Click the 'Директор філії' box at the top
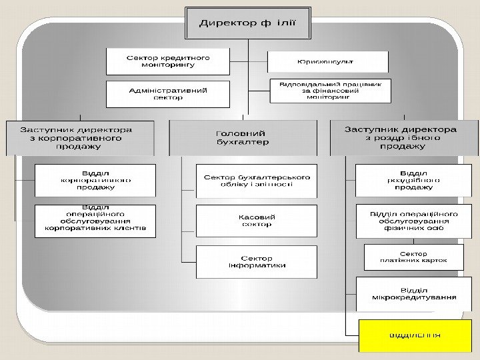click(248, 24)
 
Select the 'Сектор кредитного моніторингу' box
click(168, 61)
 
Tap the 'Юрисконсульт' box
click(327, 62)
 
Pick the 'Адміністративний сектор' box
click(168, 94)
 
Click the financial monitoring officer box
click(329, 91)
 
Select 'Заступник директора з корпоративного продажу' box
click(79, 139)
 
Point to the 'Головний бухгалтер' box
click(243, 137)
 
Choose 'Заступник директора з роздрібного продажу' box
click(405, 137)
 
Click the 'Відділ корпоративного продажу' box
click(95, 180)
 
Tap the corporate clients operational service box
click(95, 221)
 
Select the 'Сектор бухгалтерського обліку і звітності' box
click(257, 181)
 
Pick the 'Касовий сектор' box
click(257, 221)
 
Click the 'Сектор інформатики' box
click(257, 261)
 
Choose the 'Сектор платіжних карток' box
click(413, 257)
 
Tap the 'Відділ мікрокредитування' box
click(413, 294)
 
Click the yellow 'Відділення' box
click(413, 335)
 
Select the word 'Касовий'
click(257, 217)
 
